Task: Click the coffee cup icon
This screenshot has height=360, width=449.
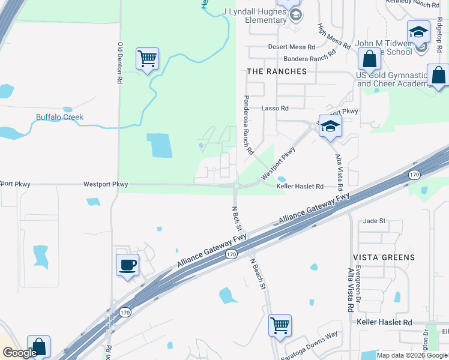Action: pos(127,265)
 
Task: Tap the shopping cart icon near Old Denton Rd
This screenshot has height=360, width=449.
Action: pos(147,59)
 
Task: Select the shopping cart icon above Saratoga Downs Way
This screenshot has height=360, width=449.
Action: pos(280,326)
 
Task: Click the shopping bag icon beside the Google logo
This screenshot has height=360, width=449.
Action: pos(38,346)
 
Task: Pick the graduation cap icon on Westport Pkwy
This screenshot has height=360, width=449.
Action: pos(330,126)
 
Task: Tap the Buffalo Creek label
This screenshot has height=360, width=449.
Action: pos(59,117)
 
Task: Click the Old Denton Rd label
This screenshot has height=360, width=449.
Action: pos(120,62)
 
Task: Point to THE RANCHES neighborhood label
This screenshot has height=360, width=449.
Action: pos(277,71)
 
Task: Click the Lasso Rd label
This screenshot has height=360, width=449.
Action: pos(275,109)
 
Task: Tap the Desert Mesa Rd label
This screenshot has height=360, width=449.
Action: pos(292,47)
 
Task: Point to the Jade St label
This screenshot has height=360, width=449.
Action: pos(373,221)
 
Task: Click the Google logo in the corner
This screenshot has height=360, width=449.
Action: pos(19,353)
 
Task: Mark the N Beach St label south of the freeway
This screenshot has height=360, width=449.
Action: pos(259,273)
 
